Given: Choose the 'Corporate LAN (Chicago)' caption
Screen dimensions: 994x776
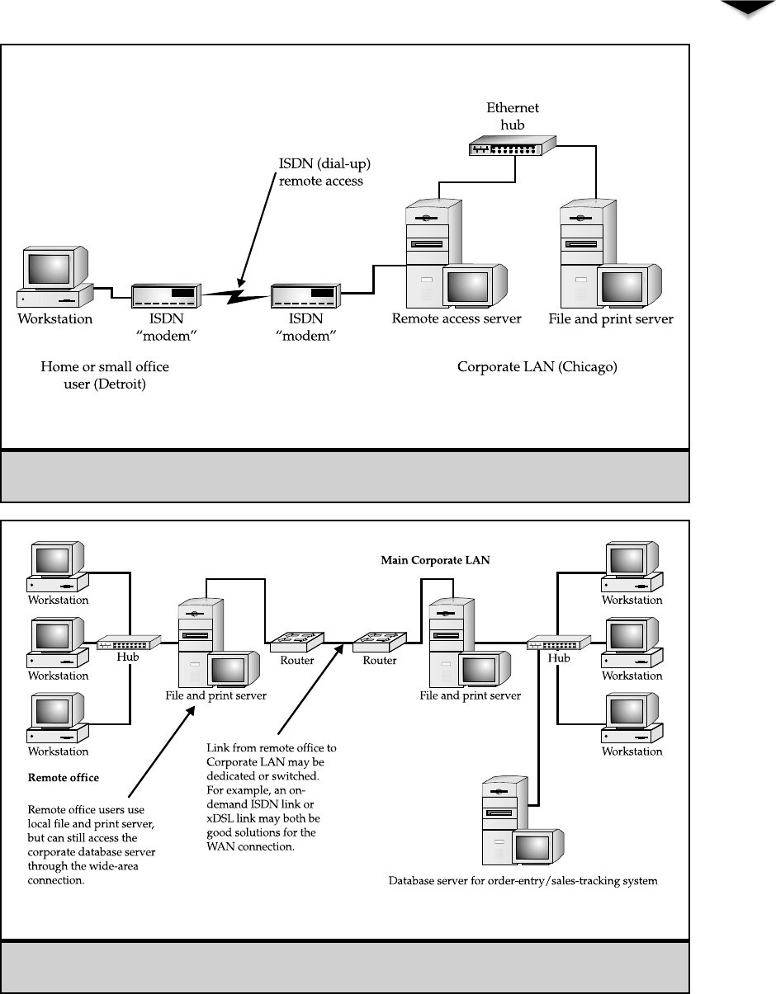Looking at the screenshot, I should click(x=537, y=367).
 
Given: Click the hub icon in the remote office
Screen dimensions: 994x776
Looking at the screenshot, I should click(x=128, y=643).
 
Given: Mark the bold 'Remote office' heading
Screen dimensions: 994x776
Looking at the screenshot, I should click(x=64, y=777).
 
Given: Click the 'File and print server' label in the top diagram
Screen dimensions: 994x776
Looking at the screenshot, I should click(x=611, y=319).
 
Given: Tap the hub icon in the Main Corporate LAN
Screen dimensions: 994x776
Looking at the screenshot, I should click(x=559, y=643).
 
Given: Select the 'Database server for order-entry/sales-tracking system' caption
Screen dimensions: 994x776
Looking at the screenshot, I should click(x=523, y=881).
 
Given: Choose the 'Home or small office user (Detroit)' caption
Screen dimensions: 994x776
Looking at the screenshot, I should click(x=105, y=375).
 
